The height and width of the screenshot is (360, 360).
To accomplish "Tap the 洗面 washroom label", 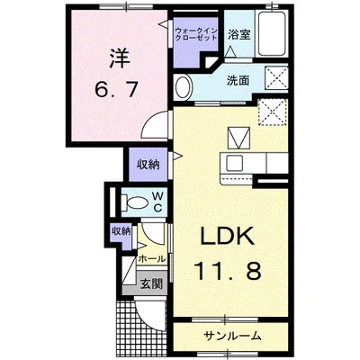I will click(238, 79).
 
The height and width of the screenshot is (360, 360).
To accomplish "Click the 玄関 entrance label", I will click(150, 284).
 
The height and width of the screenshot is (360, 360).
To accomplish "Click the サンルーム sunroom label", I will click(230, 336).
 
